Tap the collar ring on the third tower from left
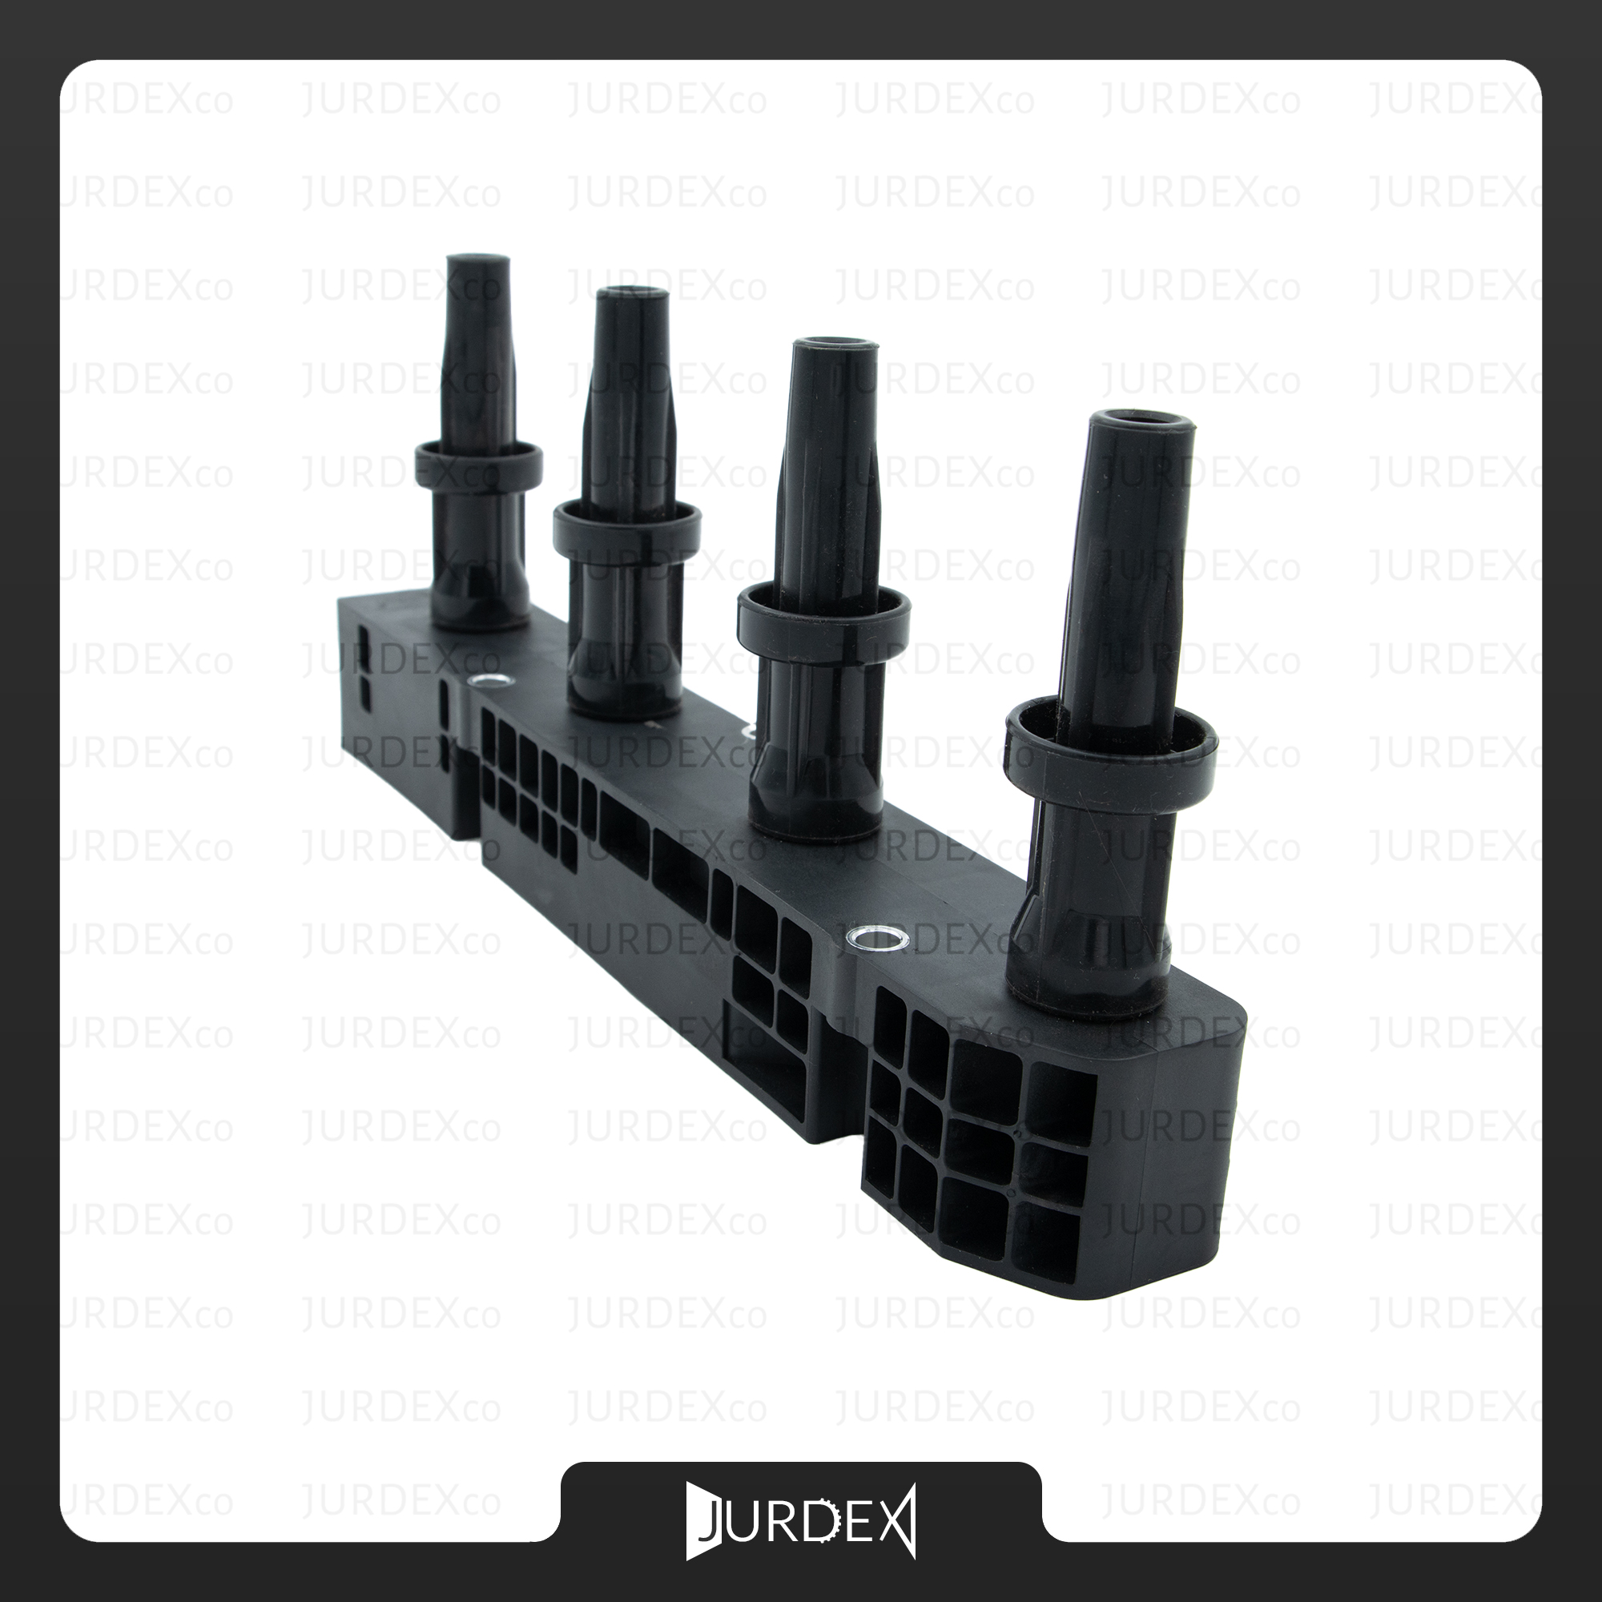coord(823,612)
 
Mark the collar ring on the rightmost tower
coord(1111,738)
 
